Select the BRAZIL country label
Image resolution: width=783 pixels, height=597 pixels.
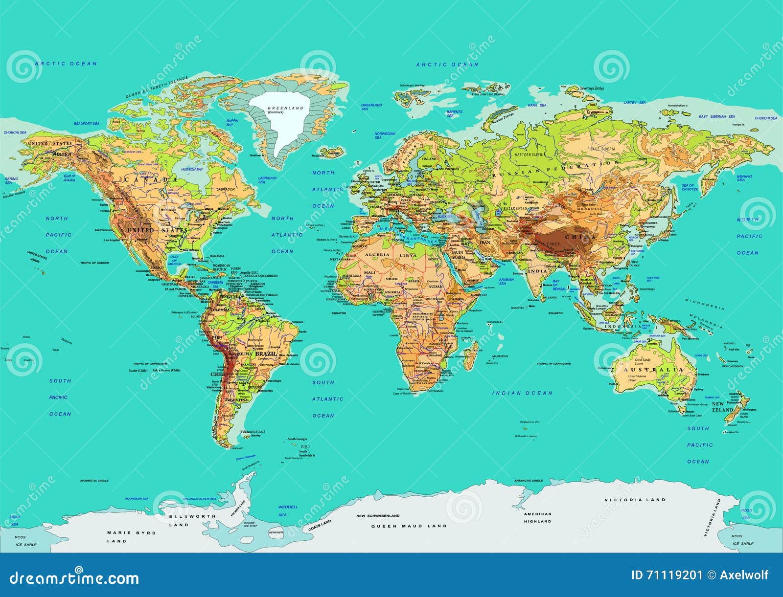pyautogui.click(x=265, y=354)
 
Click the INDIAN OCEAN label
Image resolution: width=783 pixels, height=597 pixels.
pyautogui.click(x=522, y=393)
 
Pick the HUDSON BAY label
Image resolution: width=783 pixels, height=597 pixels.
pyautogui.click(x=191, y=169)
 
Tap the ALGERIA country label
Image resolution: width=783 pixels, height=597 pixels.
pyautogui.click(x=376, y=254)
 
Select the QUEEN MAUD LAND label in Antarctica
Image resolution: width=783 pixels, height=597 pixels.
pyautogui.click(x=409, y=526)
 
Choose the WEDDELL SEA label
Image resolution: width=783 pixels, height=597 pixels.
pyautogui.click(x=288, y=510)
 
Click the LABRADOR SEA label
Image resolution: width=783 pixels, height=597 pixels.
pyautogui.click(x=268, y=180)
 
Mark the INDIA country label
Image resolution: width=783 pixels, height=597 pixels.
pyautogui.click(x=538, y=271)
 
